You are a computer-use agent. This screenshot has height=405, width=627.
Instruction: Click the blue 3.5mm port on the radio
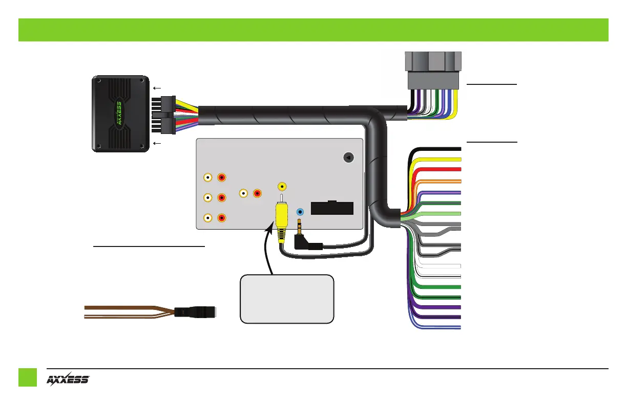(x=301, y=211)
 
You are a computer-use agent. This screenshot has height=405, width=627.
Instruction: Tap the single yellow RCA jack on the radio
(x=281, y=188)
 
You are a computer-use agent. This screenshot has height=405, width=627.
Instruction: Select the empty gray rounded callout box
(x=287, y=299)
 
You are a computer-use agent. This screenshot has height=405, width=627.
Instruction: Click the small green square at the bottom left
(x=28, y=379)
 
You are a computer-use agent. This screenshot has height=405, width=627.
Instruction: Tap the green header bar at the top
(x=313, y=30)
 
